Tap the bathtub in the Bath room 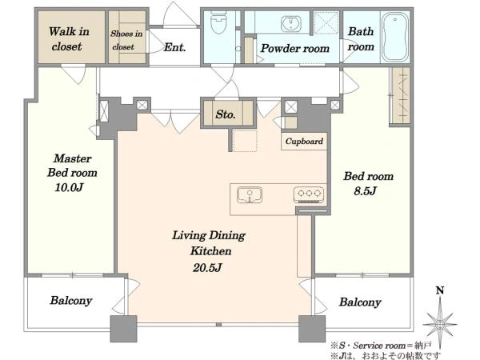[x=395, y=37]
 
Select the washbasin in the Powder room [x=290, y=23]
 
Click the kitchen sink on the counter [x=250, y=194]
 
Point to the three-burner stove [x=309, y=194]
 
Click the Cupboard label [x=304, y=141]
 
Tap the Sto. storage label [x=226, y=114]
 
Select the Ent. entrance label [x=174, y=47]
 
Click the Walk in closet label [x=69, y=39]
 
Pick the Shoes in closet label [x=126, y=40]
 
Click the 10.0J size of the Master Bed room [x=69, y=187]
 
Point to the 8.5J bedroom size [x=365, y=191]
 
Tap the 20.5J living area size [x=207, y=268]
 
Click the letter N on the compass [x=440, y=290]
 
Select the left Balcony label [x=71, y=300]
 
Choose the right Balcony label [x=360, y=302]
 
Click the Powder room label [x=294, y=48]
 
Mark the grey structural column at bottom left [x=123, y=329]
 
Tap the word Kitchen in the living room [x=210, y=251]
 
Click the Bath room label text [x=361, y=39]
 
